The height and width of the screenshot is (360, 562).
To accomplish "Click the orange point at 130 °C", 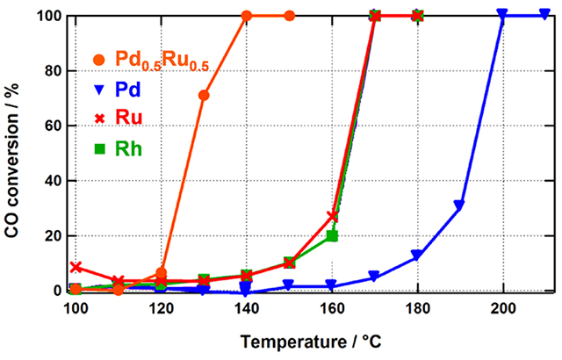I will coord(204,95).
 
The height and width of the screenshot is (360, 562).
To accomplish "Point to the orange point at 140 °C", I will coord(247,16).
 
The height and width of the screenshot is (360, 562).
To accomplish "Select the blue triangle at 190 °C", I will coord(459,206).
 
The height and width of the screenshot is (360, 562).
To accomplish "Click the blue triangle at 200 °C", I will coord(502,15).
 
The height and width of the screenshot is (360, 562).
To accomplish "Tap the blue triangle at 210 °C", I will coord(544,15).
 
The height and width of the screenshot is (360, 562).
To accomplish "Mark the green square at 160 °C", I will coord(332,235).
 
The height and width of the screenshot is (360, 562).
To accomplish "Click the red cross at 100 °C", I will coord(76,267).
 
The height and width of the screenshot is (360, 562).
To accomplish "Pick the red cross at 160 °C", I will coord(332,216).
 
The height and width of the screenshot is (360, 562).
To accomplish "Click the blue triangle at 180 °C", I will coord(417,256).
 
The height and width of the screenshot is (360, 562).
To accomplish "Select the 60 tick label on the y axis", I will coord(56,126).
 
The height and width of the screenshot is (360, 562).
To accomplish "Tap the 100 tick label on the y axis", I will coord(52,16).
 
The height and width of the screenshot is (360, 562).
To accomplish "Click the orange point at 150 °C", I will coord(290,16).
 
